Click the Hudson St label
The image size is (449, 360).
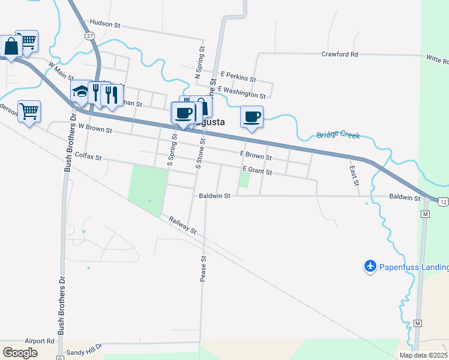tap(105, 24)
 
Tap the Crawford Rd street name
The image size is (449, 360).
tap(340, 54)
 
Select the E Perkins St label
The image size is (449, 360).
tap(238, 79)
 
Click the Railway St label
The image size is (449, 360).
tap(182, 224)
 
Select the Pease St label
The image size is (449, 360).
tap(203, 268)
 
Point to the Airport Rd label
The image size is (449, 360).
tap(40, 340)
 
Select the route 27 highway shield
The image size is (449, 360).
tap(89, 36)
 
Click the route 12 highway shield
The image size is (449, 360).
tap(443, 203)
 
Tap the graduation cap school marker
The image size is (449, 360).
tap(80, 92)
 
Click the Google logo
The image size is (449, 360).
tap(20, 353)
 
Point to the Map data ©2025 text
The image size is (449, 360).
tap(423, 355)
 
